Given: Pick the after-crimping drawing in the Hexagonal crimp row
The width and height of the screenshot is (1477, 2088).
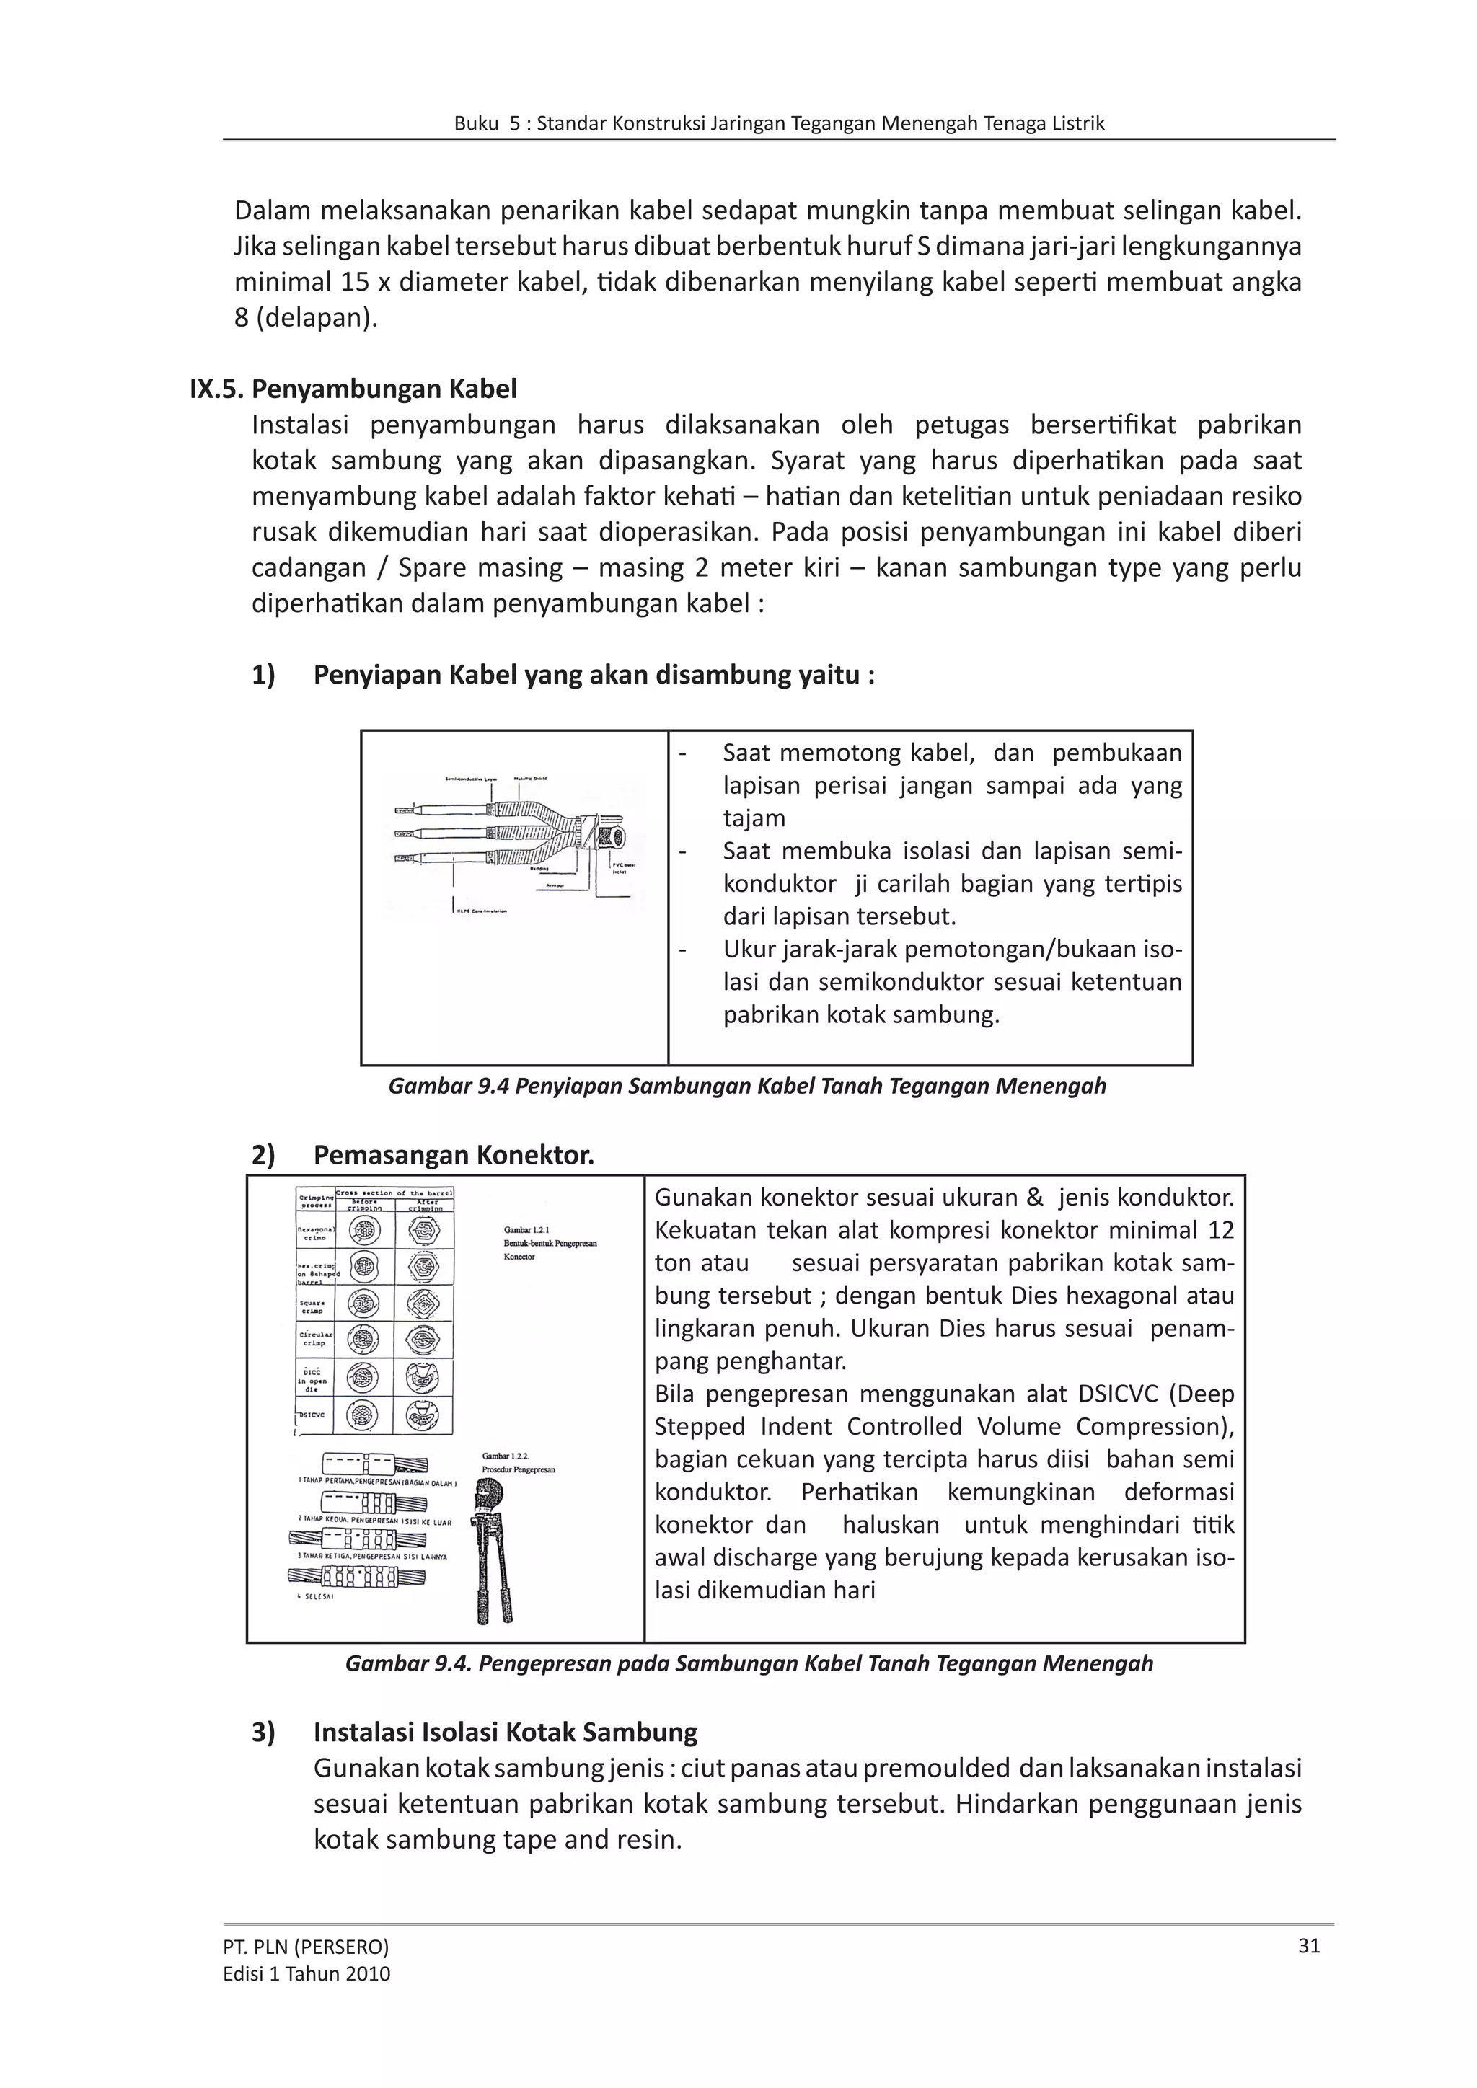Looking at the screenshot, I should coord(423,1232).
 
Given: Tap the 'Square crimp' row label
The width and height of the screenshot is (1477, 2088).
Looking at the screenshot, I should coord(314,1306).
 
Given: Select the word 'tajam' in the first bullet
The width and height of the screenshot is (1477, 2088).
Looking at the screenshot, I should coord(754,818).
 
